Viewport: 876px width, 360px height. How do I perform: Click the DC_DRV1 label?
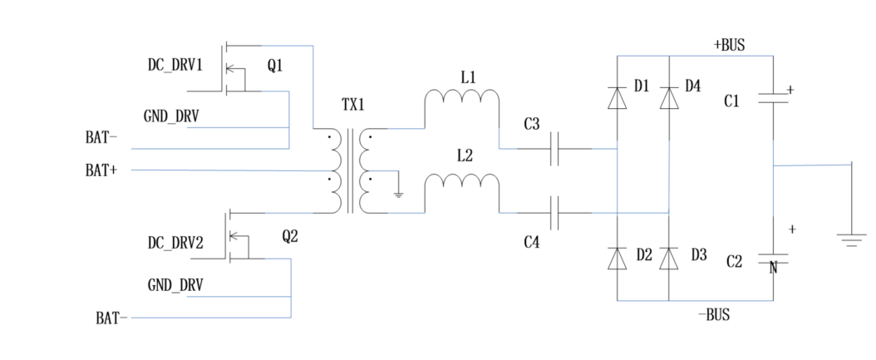[175, 64]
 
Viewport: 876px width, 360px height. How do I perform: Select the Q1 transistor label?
[275, 65]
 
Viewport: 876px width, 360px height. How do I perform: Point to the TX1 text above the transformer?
[353, 107]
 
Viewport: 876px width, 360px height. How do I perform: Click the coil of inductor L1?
[462, 98]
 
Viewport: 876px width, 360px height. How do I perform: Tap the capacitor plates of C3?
[559, 150]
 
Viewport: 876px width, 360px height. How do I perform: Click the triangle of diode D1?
[616, 98]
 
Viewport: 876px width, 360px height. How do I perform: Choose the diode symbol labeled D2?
[616, 258]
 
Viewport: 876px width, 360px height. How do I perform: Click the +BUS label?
[729, 45]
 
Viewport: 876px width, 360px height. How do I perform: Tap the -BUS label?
[715, 315]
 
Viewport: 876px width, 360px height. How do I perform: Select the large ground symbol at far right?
[851, 239]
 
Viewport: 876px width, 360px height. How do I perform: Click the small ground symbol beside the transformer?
[399, 194]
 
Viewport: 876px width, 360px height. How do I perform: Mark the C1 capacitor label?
[731, 101]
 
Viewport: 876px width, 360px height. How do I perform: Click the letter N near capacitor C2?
[773, 268]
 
